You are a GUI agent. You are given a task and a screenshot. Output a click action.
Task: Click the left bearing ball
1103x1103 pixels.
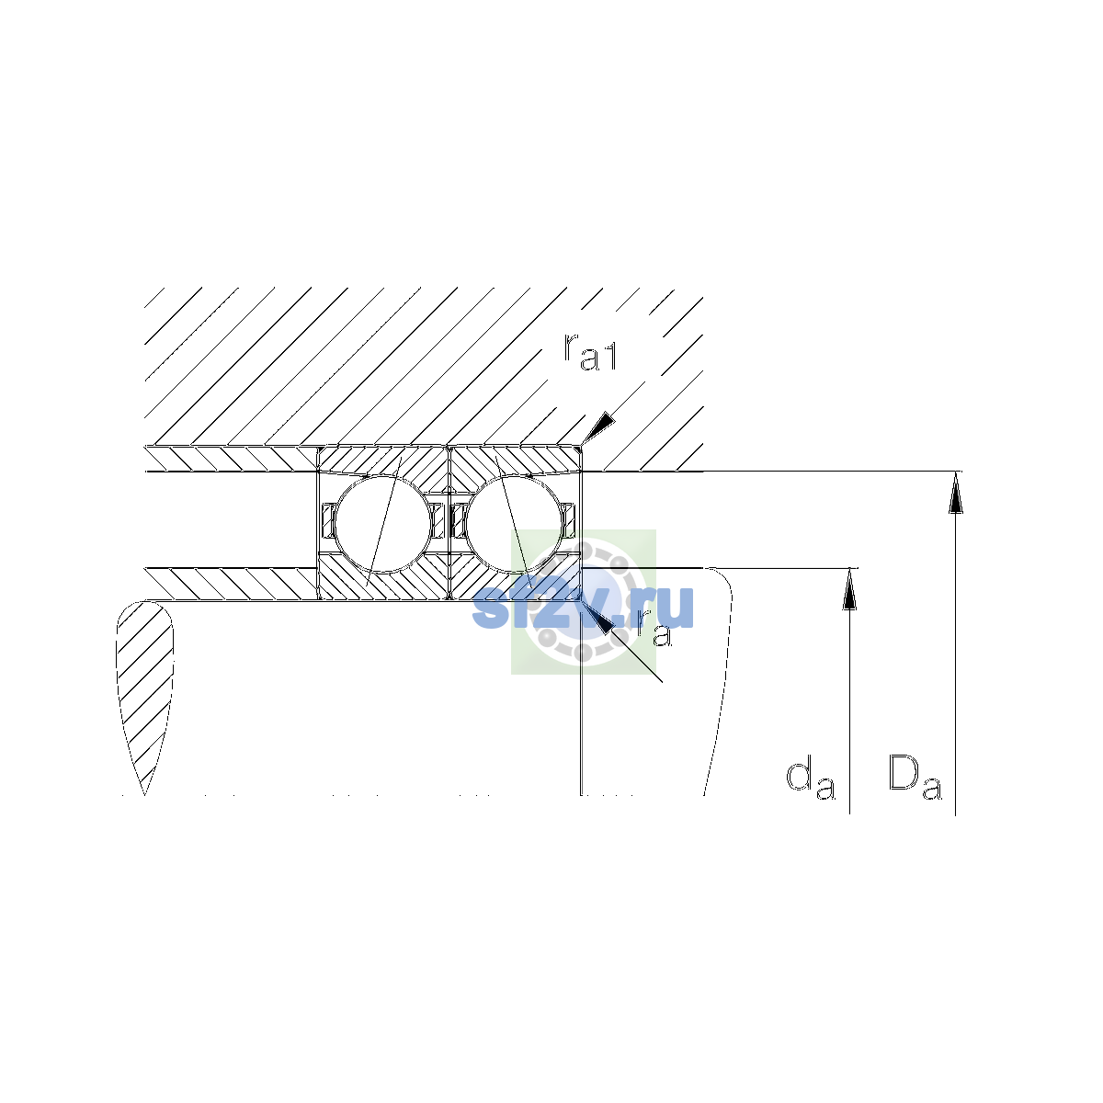click(383, 523)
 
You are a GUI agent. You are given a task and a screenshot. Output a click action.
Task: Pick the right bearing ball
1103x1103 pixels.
click(514, 523)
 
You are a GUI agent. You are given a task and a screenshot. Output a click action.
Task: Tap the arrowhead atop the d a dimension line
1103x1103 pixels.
click(850, 588)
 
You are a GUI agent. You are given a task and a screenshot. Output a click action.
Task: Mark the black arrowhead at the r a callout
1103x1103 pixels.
click(597, 619)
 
